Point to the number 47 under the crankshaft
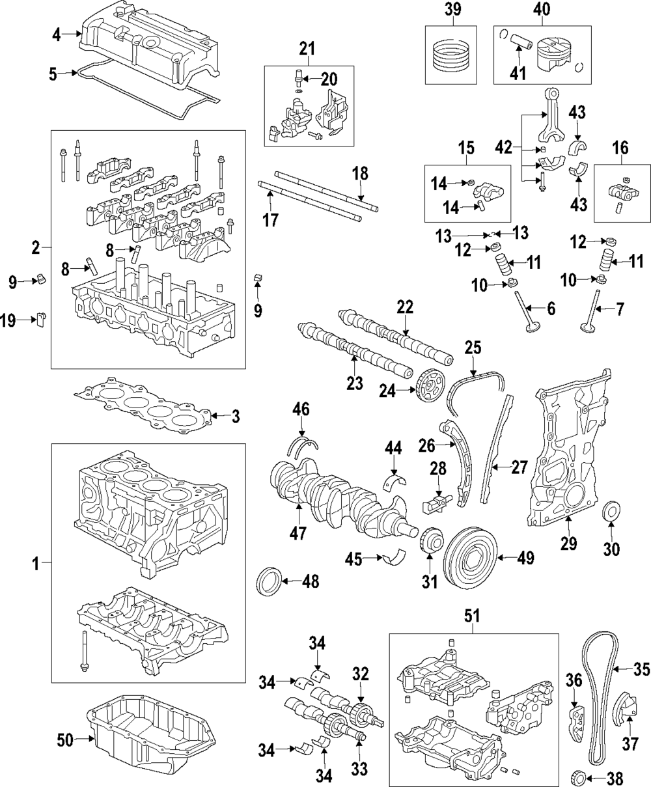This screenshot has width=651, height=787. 298,534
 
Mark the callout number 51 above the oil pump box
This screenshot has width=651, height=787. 473,615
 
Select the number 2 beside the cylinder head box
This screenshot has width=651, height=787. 35,247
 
